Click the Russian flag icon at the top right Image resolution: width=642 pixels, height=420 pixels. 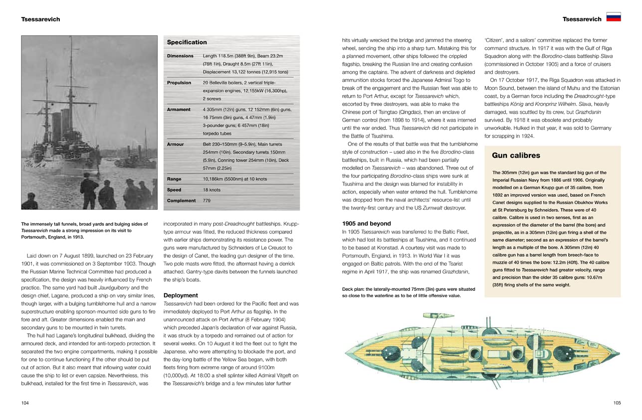pos(614,17)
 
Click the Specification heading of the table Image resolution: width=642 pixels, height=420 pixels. pos(187,42)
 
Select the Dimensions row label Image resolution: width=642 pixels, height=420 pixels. pos(180,56)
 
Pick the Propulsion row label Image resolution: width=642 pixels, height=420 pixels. pos(179,83)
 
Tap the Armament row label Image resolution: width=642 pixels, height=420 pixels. pos(179,110)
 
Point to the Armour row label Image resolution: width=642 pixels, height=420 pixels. pos(175,145)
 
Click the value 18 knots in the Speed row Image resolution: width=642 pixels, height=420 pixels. pos(212,190)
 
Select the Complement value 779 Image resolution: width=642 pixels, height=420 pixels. pos(207,201)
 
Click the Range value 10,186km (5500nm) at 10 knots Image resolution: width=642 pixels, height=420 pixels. pos(234,179)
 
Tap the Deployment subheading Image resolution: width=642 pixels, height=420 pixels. pos(181,295)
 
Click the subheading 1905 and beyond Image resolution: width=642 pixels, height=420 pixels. pos(366,223)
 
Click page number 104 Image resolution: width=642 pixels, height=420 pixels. pos(25,403)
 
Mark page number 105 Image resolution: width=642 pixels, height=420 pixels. pos(617,403)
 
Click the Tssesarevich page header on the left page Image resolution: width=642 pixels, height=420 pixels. pos(40,19)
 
